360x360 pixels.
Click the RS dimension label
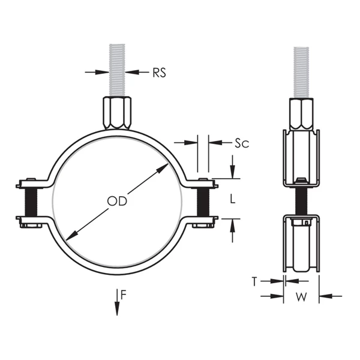coord(158,73)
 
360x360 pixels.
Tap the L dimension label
coord(233,197)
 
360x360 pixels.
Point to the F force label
coord(123,294)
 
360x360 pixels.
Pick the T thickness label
coord(254,280)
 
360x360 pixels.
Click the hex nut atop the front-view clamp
coord(119,113)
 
